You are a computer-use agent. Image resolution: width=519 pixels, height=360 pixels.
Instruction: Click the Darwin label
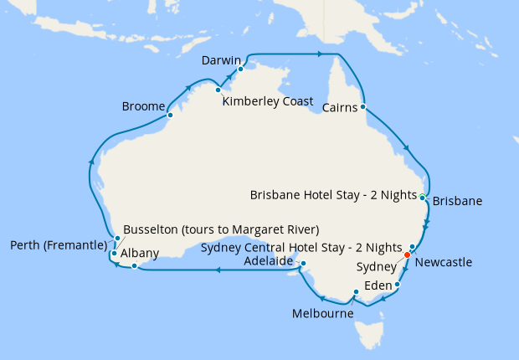click(x=221, y=61)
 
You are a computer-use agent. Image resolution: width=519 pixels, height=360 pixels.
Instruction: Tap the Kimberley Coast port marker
click(x=218, y=90)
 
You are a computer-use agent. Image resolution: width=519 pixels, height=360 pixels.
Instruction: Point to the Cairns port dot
click(x=363, y=107)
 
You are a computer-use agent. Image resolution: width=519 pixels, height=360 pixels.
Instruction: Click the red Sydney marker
click(x=408, y=255)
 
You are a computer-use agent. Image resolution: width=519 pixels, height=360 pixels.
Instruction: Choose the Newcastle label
click(x=444, y=262)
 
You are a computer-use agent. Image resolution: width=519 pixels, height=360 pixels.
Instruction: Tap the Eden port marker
click(x=397, y=285)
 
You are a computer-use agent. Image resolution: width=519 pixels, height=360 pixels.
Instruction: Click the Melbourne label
click(x=323, y=314)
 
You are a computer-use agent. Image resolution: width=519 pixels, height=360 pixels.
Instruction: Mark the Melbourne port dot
click(x=356, y=292)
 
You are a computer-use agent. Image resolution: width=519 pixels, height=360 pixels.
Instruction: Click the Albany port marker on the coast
click(x=134, y=266)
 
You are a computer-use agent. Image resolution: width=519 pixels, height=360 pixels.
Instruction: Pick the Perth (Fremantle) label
click(x=59, y=245)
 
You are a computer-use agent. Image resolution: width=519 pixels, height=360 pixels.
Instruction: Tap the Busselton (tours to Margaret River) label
click(x=221, y=229)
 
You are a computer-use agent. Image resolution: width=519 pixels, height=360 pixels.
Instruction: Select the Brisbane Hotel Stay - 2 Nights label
click(x=333, y=195)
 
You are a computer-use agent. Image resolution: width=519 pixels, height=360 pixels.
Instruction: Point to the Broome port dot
click(x=170, y=116)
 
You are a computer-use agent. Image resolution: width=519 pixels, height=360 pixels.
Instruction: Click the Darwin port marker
click(x=240, y=69)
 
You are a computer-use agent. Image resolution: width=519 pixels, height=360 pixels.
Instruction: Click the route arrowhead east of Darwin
click(x=320, y=54)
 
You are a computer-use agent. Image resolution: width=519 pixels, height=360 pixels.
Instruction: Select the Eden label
click(x=378, y=285)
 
